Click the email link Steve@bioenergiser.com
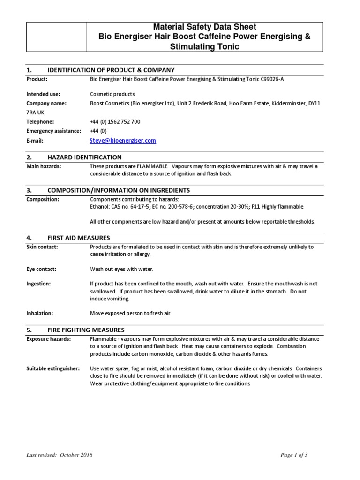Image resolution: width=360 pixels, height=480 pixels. click(123, 140)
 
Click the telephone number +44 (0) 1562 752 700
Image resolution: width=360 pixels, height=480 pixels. click(115, 121)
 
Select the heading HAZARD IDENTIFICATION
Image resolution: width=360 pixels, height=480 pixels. click(84, 157)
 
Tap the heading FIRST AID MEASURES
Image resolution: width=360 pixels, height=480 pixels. click(79, 238)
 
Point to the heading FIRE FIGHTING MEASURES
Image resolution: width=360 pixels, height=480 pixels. click(86, 330)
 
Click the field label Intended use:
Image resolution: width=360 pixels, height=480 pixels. click(43, 94)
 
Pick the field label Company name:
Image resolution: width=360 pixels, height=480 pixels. click(46, 103)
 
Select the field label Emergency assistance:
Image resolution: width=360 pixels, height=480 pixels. click(54, 131)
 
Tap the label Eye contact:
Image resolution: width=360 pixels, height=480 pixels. click(41, 269)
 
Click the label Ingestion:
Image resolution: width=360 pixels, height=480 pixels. click(39, 284)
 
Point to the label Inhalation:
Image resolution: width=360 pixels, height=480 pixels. click(40, 313)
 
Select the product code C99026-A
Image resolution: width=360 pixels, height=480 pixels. click(270, 79)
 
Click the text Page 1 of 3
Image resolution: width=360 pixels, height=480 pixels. click(294, 455)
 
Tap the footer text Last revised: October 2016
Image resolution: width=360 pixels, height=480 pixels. click(60, 455)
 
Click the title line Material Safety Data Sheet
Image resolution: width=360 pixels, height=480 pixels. click(205, 27)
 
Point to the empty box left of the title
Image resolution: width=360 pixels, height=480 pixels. click(57, 37)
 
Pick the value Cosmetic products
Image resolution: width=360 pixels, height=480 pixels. click(112, 94)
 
